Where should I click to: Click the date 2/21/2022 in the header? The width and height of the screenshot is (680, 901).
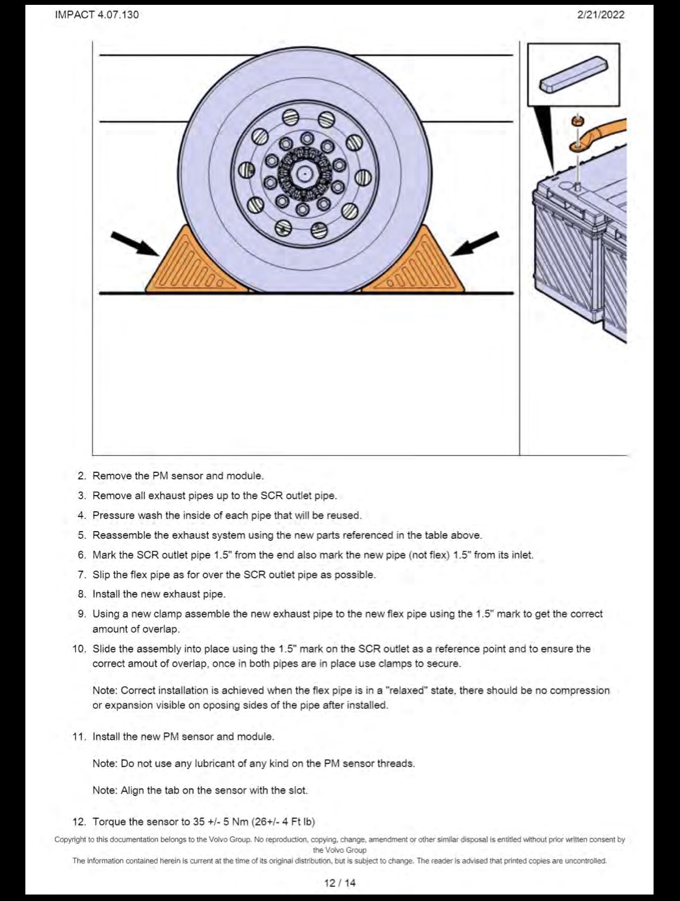[600, 15]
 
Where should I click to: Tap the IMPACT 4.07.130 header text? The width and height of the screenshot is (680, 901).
[97, 15]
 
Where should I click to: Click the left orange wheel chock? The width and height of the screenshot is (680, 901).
[193, 263]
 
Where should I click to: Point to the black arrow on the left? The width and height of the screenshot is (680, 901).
[135, 244]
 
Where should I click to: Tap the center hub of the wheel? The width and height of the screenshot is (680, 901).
[304, 174]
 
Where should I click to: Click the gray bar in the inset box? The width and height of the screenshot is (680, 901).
[574, 74]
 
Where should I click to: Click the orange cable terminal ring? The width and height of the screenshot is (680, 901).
[579, 145]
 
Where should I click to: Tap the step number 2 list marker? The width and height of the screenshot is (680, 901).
[82, 476]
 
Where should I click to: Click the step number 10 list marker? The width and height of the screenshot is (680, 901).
[80, 649]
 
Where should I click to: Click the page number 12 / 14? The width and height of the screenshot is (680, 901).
[340, 883]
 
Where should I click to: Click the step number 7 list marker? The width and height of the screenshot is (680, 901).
[82, 575]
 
